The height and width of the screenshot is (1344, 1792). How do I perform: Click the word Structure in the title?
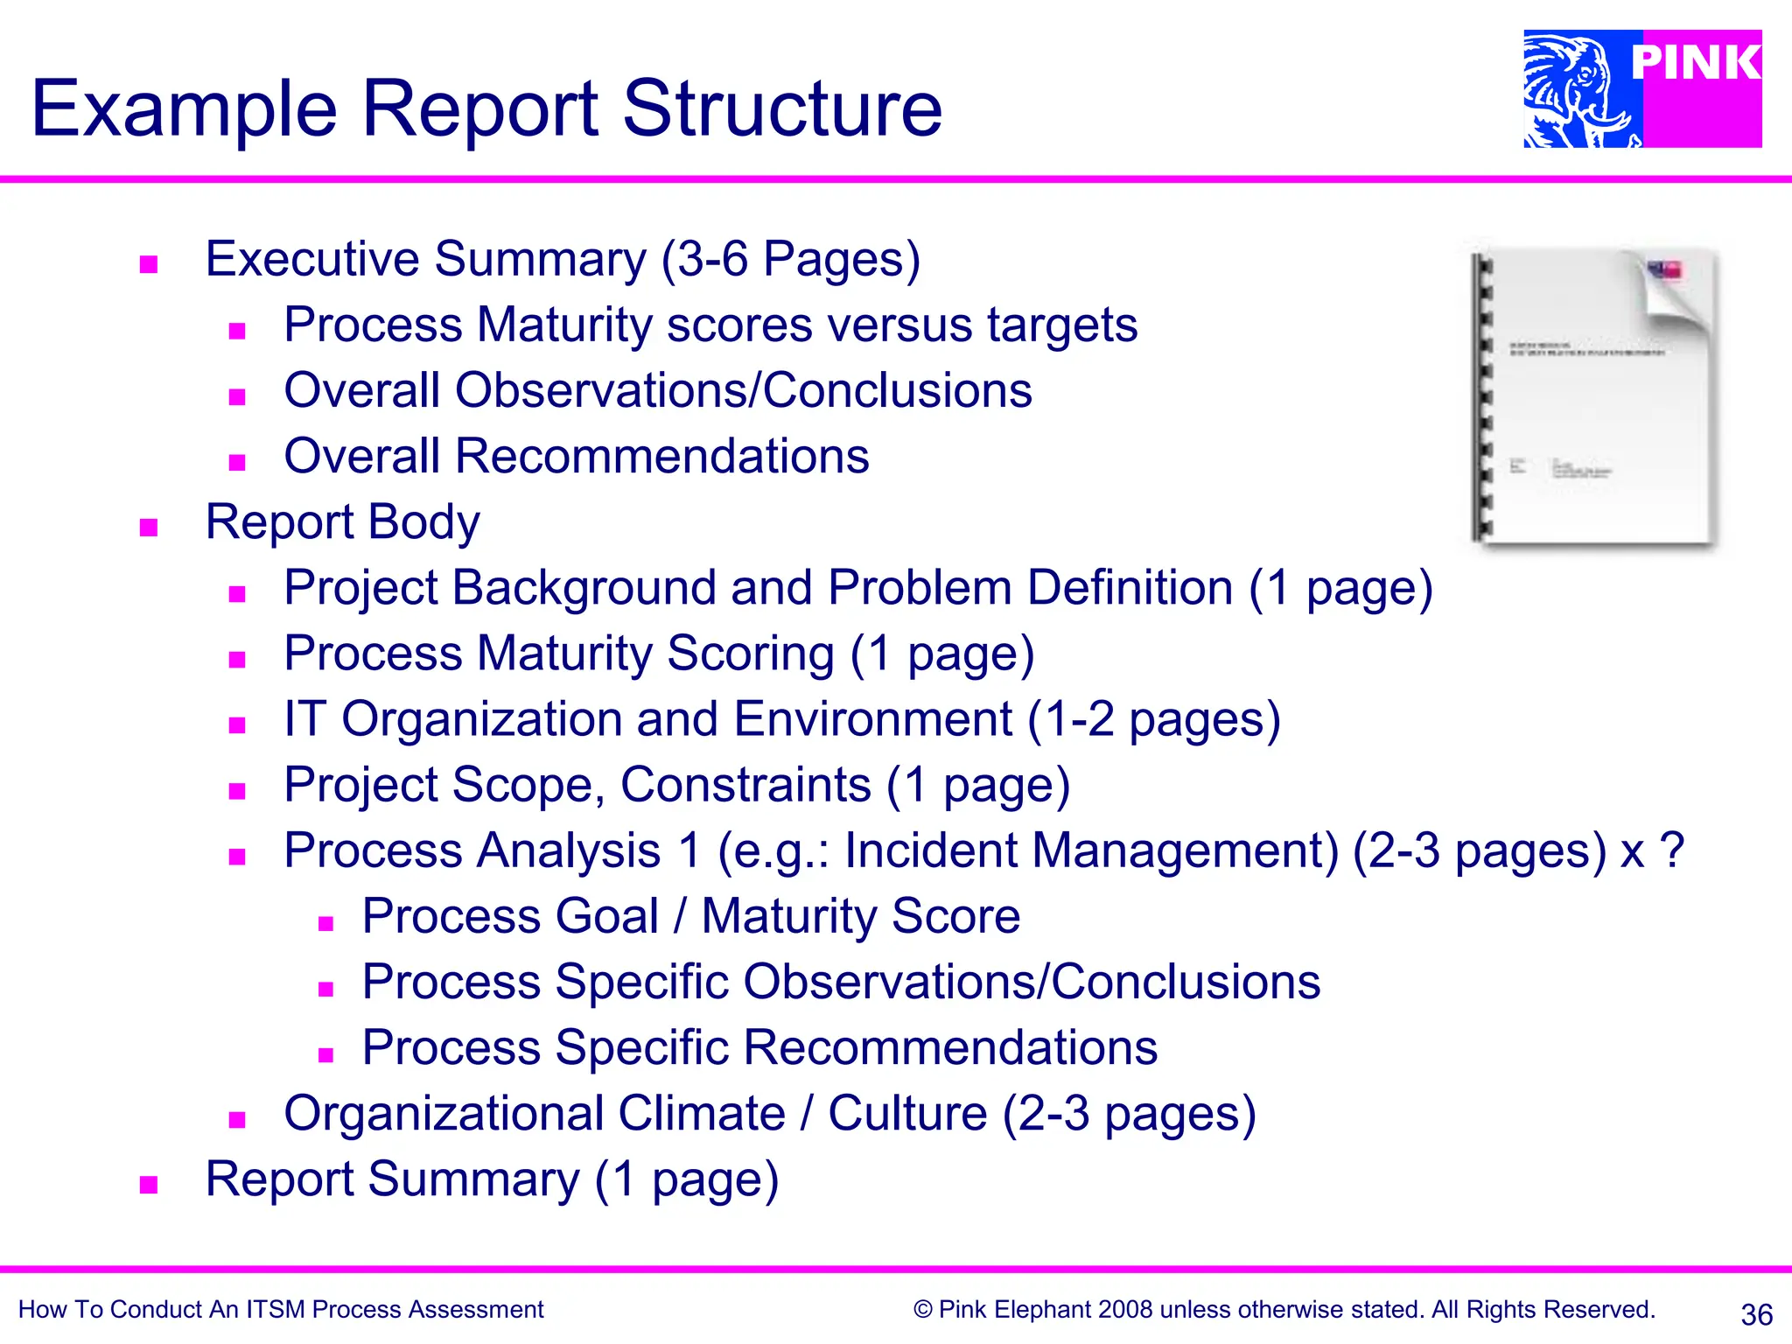click(781, 108)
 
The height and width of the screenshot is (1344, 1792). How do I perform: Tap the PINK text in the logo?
click(1695, 63)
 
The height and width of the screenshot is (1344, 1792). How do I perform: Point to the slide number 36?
click(1756, 1314)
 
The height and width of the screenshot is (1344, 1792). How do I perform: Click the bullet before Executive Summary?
click(149, 264)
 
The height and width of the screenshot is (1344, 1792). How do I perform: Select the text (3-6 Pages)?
click(790, 259)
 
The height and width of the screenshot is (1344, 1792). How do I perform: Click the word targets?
click(1062, 325)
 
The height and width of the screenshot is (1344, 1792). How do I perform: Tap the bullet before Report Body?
click(149, 527)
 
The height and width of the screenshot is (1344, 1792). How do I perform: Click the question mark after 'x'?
click(1671, 850)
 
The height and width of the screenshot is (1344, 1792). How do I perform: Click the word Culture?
click(907, 1113)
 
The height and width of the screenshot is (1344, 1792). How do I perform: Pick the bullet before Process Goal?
click(326, 923)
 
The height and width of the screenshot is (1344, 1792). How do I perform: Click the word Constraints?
click(745, 784)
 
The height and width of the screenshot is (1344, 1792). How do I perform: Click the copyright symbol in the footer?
click(922, 1309)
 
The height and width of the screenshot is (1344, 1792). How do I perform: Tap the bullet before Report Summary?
click(149, 1185)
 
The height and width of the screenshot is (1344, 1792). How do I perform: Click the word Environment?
click(872, 718)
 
